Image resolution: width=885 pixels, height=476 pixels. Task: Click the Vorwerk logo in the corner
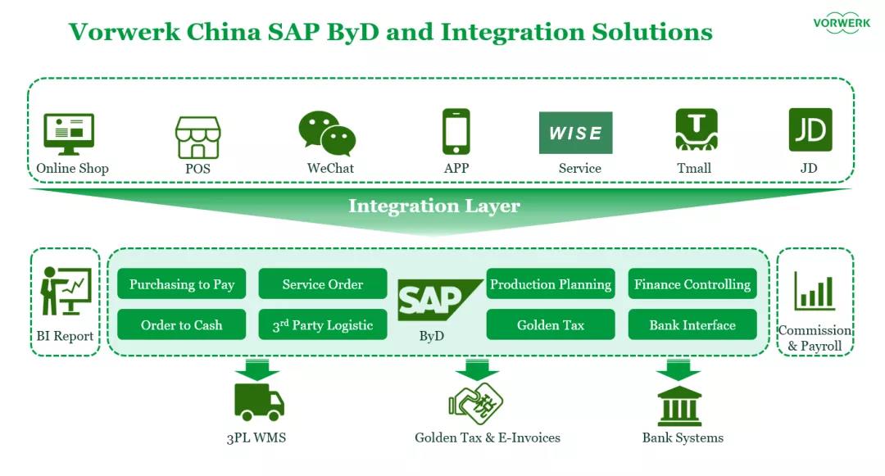tap(841, 23)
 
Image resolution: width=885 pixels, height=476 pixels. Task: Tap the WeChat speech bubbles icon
tap(326, 134)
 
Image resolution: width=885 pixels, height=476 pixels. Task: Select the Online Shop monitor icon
tap(69, 134)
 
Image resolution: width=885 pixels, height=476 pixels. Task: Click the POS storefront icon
tap(198, 137)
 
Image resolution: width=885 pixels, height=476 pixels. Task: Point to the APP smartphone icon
tap(456, 131)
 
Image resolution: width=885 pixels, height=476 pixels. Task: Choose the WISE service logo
tap(575, 133)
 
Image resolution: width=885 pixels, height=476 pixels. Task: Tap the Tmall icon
tap(696, 130)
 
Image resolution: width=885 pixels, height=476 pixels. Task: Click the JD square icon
tap(810, 129)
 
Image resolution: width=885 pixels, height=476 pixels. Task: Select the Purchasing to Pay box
tap(182, 284)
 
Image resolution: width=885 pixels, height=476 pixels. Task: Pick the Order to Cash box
tap(182, 324)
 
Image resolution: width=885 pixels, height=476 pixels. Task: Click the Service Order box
tap(323, 284)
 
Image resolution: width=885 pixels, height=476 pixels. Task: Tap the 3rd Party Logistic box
tap(323, 324)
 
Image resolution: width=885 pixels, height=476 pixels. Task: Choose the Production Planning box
tap(551, 284)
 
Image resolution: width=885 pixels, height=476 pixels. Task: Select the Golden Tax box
tap(551, 324)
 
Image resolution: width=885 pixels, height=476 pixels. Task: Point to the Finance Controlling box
tap(692, 284)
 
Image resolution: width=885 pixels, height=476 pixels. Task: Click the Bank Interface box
tap(692, 324)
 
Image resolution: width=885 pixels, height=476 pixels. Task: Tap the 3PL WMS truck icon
tap(259, 401)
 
